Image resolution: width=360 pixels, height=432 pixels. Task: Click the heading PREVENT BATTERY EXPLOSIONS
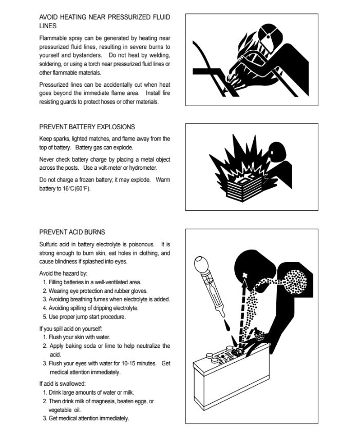point(87,127)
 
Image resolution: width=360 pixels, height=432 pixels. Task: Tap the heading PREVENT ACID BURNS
point(72,232)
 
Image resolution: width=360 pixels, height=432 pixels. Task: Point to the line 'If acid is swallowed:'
point(62,383)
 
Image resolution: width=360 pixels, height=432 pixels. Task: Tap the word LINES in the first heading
point(48,26)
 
